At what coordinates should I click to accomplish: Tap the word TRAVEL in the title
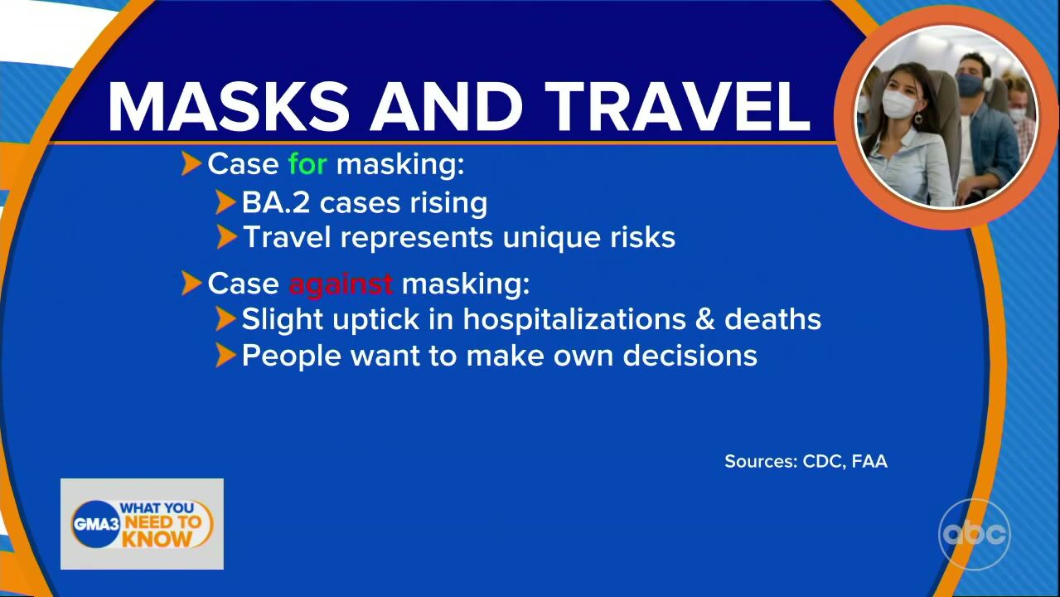680,106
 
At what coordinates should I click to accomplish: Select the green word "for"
307,164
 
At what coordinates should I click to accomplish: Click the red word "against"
341,284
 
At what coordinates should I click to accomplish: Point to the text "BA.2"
276,202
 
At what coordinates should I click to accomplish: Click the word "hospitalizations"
574,319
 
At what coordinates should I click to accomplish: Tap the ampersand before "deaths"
704,319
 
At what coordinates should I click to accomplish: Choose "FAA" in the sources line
869,461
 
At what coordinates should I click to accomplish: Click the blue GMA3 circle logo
96,523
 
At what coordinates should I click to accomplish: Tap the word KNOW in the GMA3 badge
157,539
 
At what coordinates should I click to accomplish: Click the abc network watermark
975,534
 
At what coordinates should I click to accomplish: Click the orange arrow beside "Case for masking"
191,163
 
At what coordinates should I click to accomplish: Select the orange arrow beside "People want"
225,355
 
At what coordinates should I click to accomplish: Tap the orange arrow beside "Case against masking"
191,284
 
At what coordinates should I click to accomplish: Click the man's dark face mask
968,85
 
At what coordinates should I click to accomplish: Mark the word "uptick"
375,319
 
